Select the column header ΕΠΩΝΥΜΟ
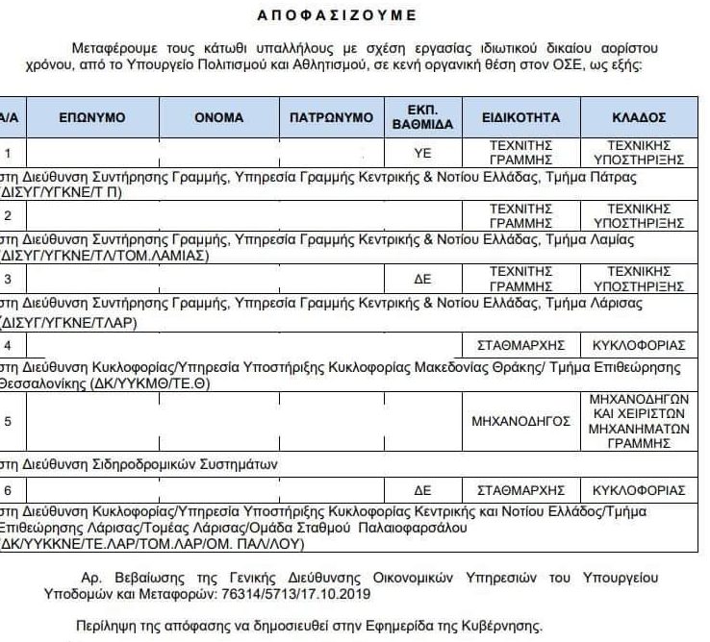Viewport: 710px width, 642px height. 92,118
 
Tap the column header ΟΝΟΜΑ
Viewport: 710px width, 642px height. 219,118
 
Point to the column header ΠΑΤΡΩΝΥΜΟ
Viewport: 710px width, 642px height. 331,118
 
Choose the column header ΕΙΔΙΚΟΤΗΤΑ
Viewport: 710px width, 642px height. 520,118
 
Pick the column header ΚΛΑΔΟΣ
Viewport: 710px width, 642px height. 639,118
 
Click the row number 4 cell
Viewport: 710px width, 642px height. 9,343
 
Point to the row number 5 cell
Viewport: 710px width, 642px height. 9,421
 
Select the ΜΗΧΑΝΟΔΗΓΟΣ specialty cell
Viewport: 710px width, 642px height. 520,421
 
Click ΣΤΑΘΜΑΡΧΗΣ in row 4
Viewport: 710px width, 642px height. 520,343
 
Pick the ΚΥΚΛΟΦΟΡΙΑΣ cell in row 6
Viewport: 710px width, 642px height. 639,489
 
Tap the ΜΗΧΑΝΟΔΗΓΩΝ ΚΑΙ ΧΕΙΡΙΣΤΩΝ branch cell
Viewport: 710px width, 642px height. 639,421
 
